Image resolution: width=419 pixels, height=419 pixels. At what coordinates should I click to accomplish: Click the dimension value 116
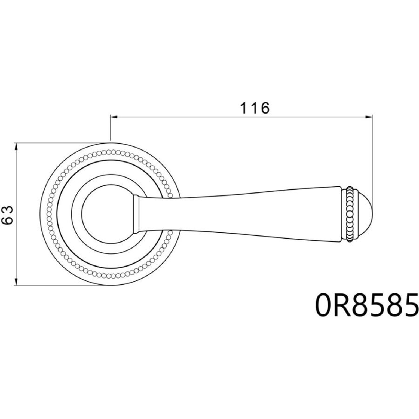coord(254,108)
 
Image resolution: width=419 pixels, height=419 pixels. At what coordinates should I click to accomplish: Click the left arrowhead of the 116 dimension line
coord(114,117)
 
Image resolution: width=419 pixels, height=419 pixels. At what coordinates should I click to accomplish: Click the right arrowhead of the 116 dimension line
coord(369,117)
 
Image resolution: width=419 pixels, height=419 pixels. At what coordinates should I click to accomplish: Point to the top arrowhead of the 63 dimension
coord(17,147)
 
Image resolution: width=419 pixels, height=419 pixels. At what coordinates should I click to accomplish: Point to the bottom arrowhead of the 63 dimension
coord(17,282)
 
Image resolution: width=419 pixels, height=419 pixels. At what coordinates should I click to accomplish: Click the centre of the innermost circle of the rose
coord(109,214)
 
